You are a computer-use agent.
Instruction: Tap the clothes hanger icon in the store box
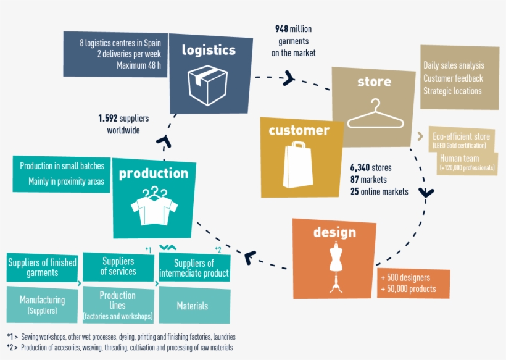click(374, 114)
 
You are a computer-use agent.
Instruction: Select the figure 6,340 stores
click(371, 167)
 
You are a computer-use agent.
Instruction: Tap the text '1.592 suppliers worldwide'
click(123, 123)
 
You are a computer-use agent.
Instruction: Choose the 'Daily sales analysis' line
click(454, 65)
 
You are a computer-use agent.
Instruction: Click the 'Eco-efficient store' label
click(461, 136)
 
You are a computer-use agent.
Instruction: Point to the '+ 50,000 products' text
click(409, 289)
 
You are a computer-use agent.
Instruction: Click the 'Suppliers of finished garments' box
click(43, 267)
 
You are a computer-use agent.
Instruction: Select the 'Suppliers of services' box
click(118, 266)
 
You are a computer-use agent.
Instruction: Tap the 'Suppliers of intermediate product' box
click(194, 268)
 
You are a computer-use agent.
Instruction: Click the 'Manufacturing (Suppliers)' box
click(43, 305)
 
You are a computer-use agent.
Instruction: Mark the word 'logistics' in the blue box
click(209, 50)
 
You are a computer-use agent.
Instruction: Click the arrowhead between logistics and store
click(289, 78)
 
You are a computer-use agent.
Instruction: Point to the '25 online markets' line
click(379, 191)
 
